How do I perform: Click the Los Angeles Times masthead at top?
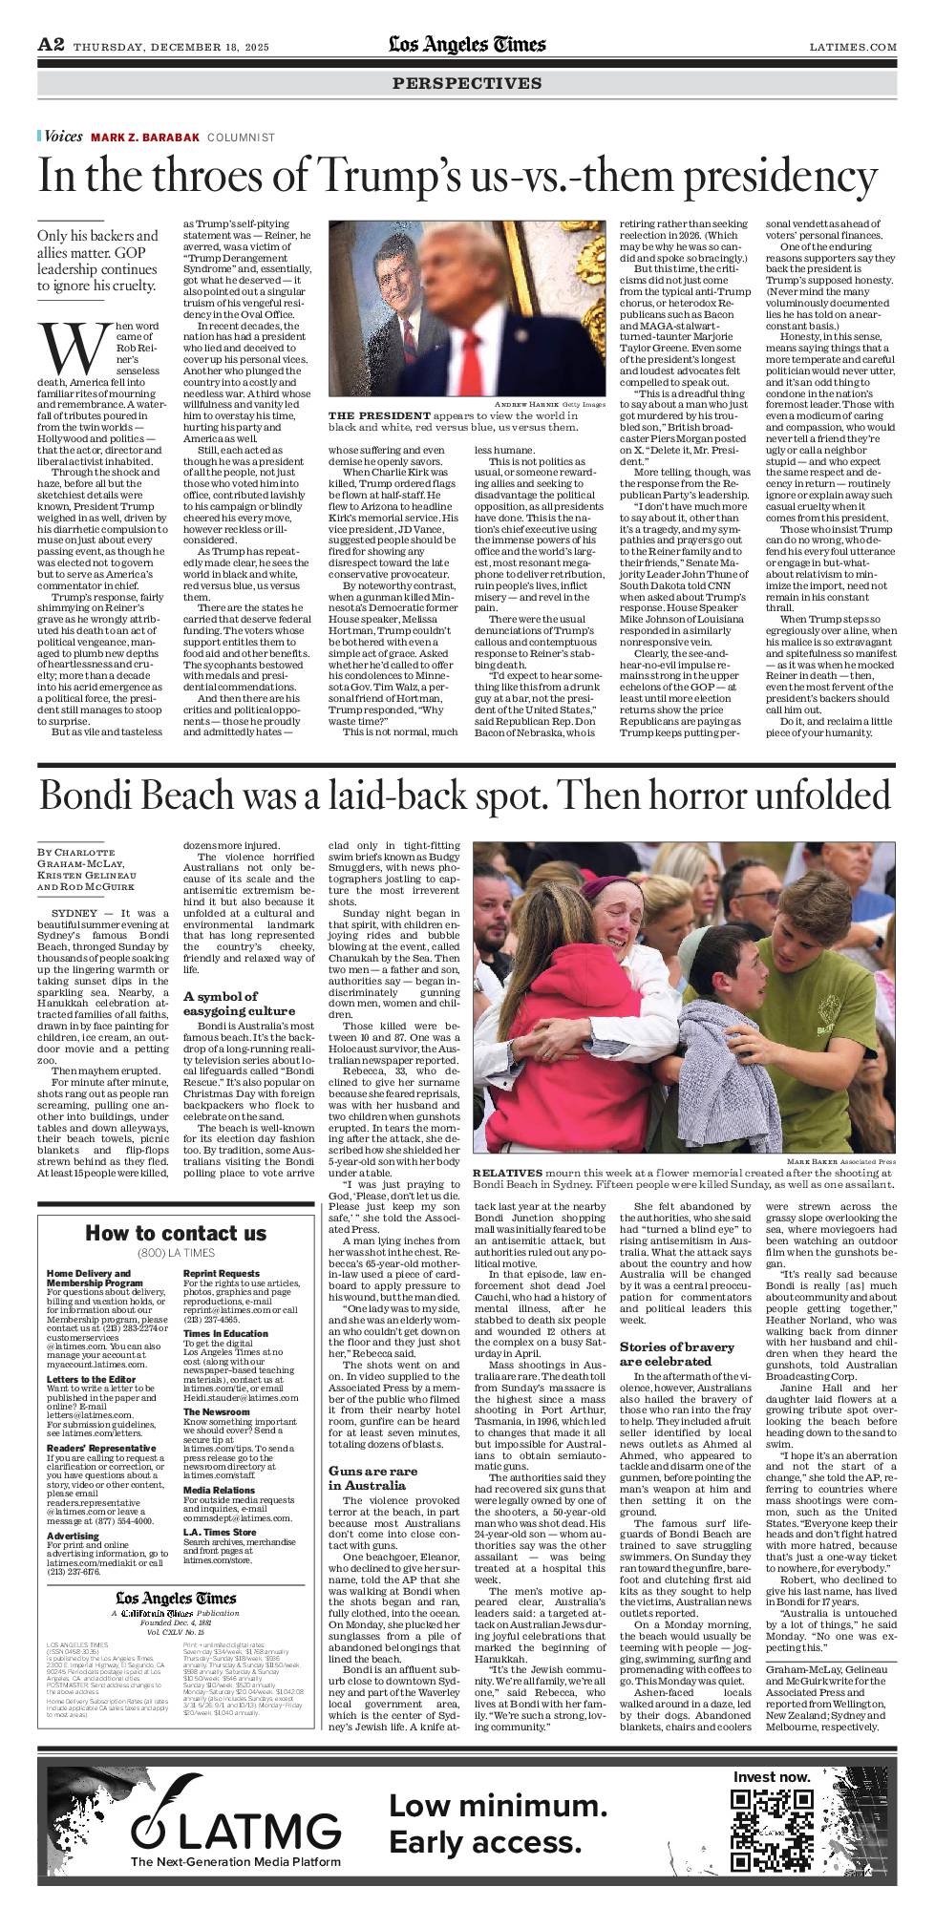click(x=467, y=45)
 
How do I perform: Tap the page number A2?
click(x=51, y=45)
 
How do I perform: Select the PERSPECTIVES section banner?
click(x=467, y=83)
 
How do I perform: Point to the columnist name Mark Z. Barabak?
click(x=145, y=138)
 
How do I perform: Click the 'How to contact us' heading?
click(x=176, y=1233)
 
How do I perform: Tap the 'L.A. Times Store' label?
click(x=220, y=1533)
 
